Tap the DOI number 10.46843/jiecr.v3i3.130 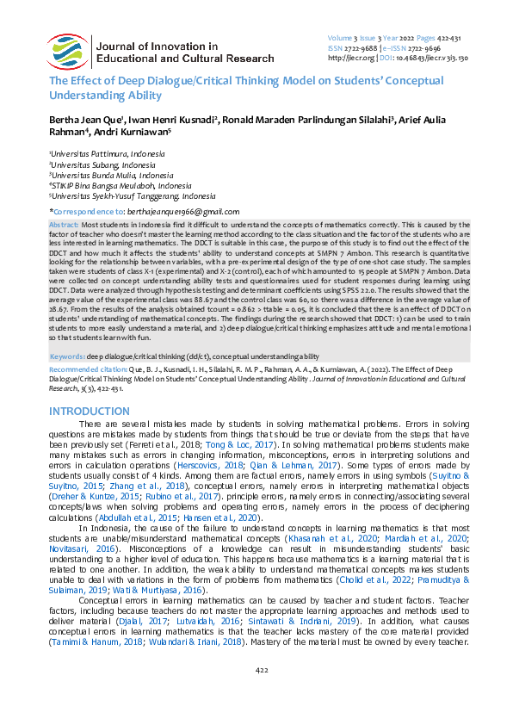tap(439, 59)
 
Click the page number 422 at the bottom tap(256, 692)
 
